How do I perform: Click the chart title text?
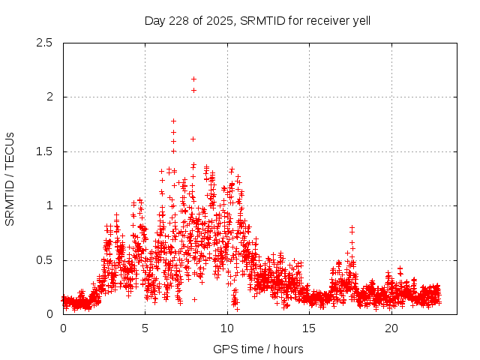(x=257, y=20)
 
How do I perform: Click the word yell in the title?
(x=360, y=20)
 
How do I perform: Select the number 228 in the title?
(x=174, y=20)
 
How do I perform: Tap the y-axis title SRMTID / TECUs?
(x=10, y=178)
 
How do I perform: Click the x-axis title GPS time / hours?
(x=258, y=349)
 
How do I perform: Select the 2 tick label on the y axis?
(x=49, y=97)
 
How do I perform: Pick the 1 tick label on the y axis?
(x=49, y=205)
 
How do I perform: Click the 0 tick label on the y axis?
(x=49, y=314)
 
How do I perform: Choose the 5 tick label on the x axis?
(x=145, y=328)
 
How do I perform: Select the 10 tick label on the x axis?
(x=227, y=328)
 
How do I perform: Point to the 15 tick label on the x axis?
(x=310, y=328)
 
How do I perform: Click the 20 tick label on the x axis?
(x=391, y=328)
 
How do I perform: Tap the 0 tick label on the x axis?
(x=63, y=328)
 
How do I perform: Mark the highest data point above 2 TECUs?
(x=193, y=79)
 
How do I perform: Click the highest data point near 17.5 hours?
(x=352, y=226)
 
